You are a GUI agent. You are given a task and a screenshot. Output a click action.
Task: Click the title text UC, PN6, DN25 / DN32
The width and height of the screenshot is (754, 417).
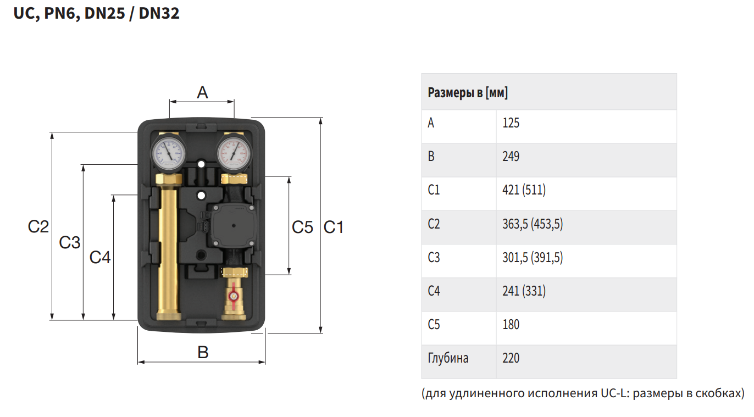[96, 14]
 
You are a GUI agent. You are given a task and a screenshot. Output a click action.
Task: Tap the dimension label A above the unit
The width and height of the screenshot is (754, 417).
[202, 92]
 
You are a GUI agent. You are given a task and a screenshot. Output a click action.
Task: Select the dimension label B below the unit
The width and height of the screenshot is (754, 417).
[203, 352]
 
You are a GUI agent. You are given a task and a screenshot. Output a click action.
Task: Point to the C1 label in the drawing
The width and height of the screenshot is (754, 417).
[333, 227]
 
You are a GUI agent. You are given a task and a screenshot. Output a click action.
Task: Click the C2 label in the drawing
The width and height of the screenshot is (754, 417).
[38, 226]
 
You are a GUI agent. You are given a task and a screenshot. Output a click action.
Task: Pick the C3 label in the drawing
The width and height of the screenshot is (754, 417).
[70, 242]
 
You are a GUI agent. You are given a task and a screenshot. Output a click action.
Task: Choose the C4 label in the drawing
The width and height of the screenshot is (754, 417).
[100, 258]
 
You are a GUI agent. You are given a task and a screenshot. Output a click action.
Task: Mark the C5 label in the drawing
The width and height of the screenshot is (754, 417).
[302, 227]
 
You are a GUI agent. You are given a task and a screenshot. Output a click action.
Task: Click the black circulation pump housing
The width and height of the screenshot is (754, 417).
[233, 226]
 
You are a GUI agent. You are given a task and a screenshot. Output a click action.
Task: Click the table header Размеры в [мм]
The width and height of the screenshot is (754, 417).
[468, 92]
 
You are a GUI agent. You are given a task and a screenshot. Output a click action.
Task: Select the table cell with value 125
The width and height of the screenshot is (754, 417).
[511, 123]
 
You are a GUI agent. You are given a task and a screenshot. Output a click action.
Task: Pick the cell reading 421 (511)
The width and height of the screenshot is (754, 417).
[524, 190]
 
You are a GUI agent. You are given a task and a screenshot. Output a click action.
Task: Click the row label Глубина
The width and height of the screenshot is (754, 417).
[448, 358]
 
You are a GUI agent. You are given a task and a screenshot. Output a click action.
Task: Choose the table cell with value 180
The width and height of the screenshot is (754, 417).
[511, 325]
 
